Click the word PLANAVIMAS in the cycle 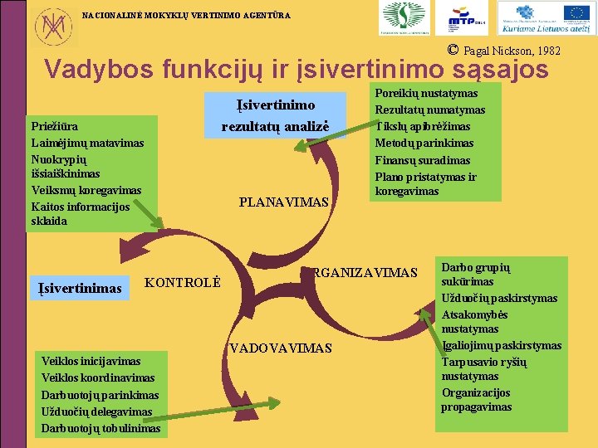(x=283, y=202)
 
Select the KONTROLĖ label (x=183, y=282)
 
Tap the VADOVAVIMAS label (x=281, y=348)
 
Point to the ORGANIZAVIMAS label (x=363, y=272)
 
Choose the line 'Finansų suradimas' (x=422, y=160)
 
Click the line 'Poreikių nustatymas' (x=426, y=94)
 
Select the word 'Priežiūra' (x=55, y=127)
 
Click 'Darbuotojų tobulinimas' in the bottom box (x=100, y=428)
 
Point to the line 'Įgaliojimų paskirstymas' (x=502, y=346)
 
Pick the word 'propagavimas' (x=476, y=407)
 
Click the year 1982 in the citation (x=547, y=51)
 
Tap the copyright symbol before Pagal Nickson (x=453, y=49)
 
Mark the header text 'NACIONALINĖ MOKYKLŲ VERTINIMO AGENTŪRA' (x=187, y=14)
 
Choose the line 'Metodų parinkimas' (x=424, y=144)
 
